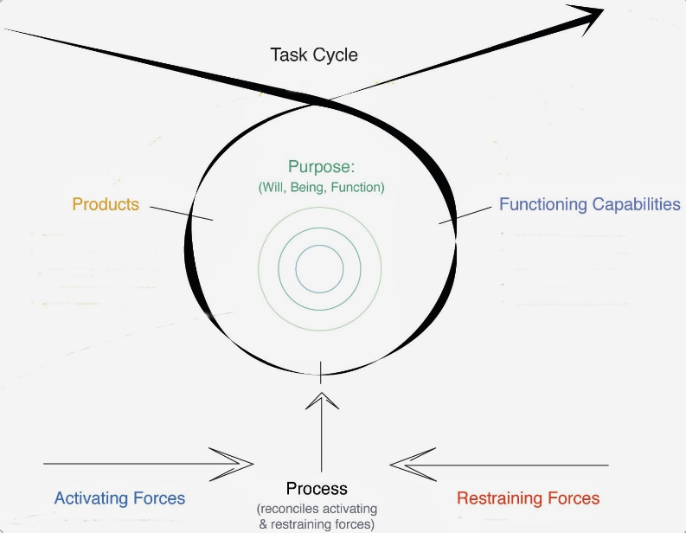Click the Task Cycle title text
(x=314, y=55)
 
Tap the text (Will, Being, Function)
(x=322, y=186)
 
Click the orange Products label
(x=106, y=204)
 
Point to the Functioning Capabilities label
(x=589, y=204)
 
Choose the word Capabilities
(x=636, y=205)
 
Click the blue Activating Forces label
(x=119, y=498)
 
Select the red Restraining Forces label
(x=528, y=498)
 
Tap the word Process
(x=317, y=489)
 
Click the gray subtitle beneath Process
(x=317, y=517)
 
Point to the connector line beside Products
(x=181, y=211)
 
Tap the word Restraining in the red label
(x=499, y=498)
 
